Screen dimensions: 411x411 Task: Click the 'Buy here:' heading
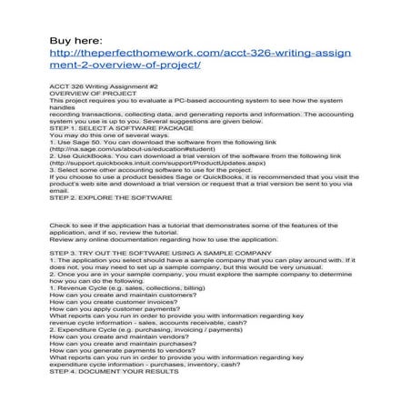click(x=76, y=41)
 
